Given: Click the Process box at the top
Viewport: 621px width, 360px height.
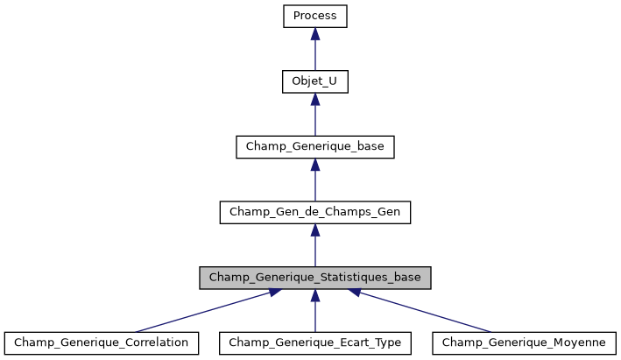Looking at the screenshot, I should [x=315, y=16].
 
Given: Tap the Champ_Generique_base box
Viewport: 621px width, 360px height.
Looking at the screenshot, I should [x=315, y=146].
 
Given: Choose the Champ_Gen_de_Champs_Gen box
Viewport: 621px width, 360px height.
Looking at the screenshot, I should [x=315, y=212].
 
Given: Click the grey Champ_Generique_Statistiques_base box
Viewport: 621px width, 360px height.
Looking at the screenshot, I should [x=315, y=278].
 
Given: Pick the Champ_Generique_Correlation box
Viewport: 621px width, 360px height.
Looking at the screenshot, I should [x=102, y=342].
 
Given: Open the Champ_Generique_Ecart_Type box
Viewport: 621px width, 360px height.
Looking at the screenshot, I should [x=315, y=342].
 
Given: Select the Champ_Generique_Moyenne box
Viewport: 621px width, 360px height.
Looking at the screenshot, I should [x=524, y=342].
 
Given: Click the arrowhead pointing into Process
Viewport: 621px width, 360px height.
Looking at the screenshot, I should [x=315, y=33].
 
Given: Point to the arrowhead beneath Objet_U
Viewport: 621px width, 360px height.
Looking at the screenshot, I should [x=315, y=99].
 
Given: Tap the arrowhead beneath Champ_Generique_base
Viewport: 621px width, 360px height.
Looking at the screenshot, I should [x=315, y=165].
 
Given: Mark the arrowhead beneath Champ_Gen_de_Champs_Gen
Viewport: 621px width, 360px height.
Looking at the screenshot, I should [x=315, y=230].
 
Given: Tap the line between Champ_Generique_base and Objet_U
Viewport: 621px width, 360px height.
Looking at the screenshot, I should [x=315, y=120].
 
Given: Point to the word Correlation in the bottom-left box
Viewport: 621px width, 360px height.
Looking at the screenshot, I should [x=156, y=342].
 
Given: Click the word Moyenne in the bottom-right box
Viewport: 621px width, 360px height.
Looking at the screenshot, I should [x=580, y=342].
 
